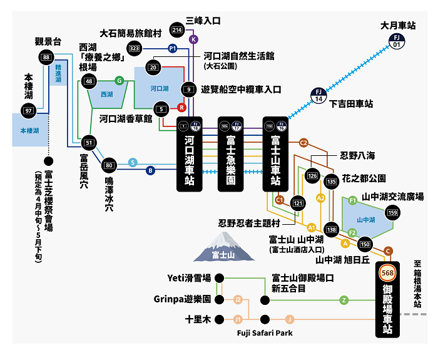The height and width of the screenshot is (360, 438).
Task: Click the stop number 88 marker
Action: coord(46,58)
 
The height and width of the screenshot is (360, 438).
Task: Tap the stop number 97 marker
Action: coord(28,110)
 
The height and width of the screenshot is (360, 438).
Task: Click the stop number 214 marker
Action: coord(177,29)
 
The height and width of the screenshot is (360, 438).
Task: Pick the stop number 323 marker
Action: coord(134,48)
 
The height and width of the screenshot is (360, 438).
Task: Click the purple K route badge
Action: coord(193,39)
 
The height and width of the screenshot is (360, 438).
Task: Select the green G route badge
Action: coord(119,80)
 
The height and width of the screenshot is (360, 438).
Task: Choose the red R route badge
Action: coord(181,107)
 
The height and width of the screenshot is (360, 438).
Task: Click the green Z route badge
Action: coord(344,300)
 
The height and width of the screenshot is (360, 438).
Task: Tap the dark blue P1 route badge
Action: coord(173,48)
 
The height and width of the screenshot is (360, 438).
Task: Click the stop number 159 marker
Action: coord(393,213)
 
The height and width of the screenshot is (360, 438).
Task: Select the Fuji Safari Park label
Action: coord(265,333)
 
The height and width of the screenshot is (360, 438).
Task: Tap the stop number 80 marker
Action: coord(109,166)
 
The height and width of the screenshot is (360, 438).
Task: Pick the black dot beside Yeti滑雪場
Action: coord(218,278)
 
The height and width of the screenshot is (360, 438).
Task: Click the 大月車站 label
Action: coord(398,26)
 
